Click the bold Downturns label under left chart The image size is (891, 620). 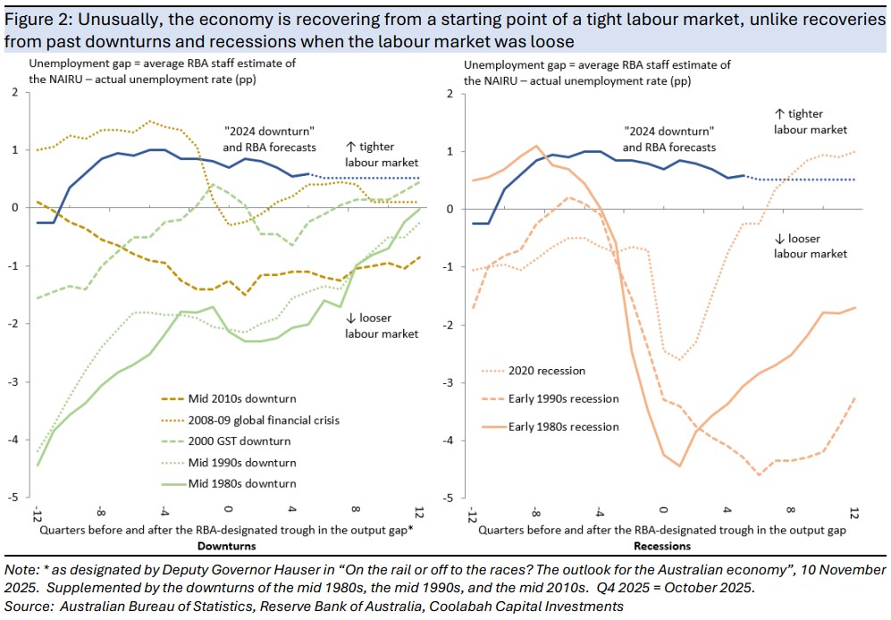226,546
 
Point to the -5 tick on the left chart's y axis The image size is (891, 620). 14,498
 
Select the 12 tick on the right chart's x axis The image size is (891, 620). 854,515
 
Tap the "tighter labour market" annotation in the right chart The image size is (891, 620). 811,121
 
